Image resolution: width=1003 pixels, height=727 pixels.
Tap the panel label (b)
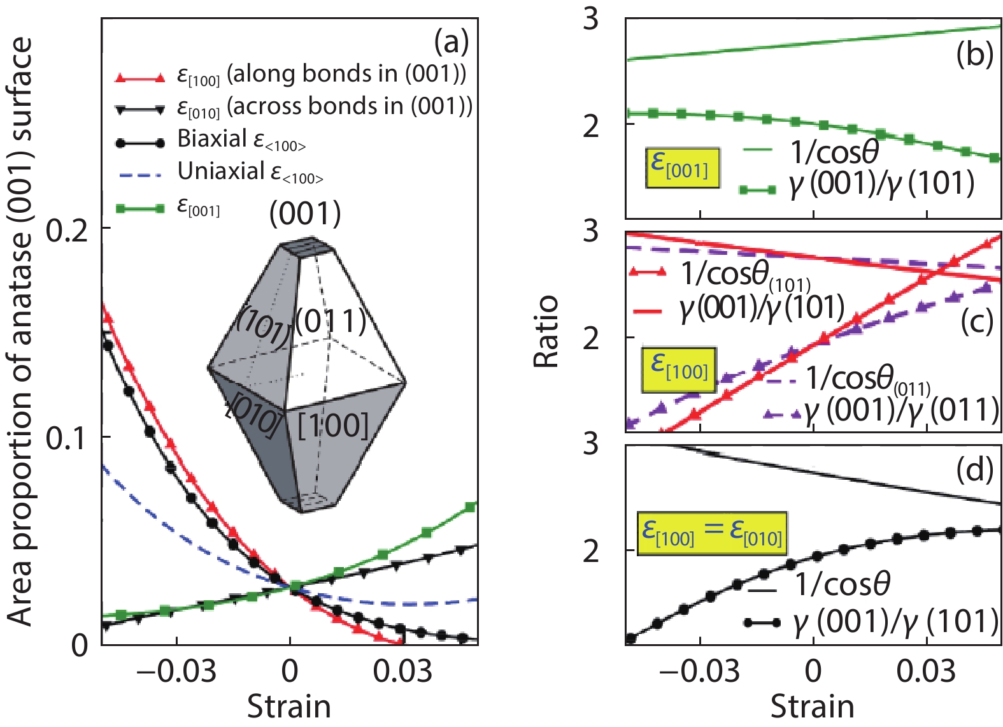(974, 55)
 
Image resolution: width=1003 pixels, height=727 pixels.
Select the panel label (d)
(974, 470)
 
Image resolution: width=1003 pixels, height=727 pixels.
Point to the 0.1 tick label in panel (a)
(67, 438)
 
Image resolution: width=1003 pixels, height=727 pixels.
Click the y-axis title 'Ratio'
(546, 331)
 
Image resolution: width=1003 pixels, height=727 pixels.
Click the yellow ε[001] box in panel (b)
(682, 168)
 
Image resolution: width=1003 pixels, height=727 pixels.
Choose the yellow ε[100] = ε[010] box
(712, 533)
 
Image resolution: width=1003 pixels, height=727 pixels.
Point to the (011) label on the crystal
(331, 322)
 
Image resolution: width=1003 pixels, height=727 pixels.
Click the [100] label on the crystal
(333, 425)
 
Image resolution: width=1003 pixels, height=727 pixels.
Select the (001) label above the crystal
(305, 213)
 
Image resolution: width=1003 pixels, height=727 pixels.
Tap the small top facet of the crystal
(299, 245)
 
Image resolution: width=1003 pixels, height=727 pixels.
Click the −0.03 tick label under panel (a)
(176, 672)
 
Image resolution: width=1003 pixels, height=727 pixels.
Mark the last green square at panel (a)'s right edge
(471, 507)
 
